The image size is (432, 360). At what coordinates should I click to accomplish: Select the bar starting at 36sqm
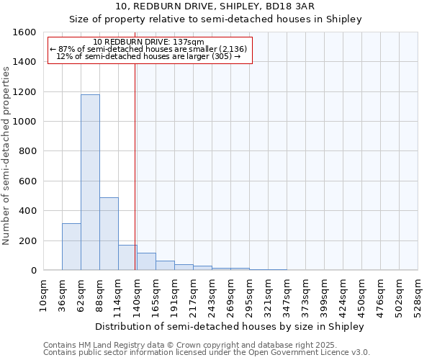[x=71, y=247]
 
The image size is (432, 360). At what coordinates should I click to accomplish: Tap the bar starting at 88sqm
[x=109, y=234]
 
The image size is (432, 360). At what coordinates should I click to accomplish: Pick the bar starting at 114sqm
[x=127, y=258]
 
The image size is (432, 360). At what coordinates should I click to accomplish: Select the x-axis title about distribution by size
[x=230, y=326]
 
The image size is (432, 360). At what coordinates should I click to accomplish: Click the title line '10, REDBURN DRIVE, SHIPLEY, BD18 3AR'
[x=215, y=6]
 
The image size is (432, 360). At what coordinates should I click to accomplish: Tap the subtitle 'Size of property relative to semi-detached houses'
[x=215, y=19]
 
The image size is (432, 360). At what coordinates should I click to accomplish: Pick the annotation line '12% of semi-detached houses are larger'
[x=148, y=56]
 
